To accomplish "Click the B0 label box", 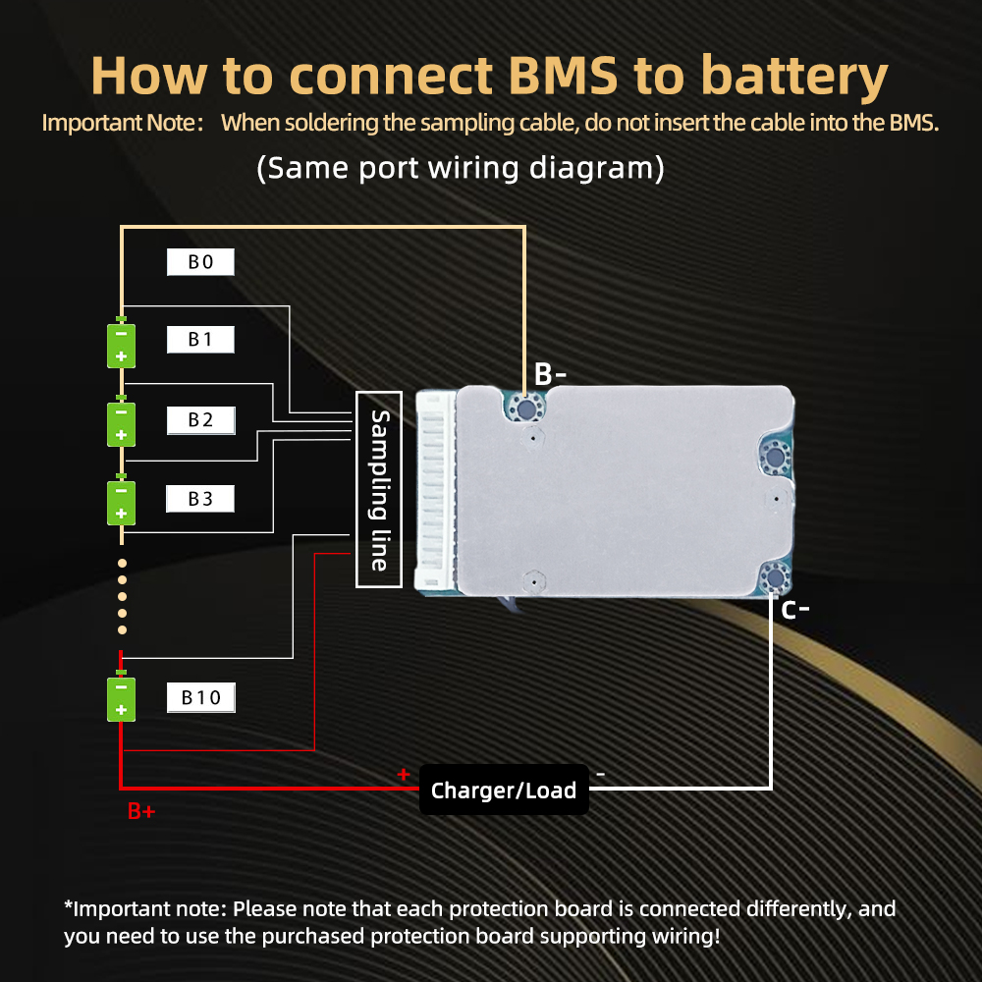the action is tap(200, 262).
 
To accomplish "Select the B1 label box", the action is tap(200, 340).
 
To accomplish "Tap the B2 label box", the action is tap(201, 420).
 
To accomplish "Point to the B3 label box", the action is tap(200, 499).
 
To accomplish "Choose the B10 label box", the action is tap(201, 697).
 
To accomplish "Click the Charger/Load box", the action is tap(504, 790).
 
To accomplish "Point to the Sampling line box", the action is tap(379, 490).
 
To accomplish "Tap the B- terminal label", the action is tap(550, 374).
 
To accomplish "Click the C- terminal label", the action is tap(795, 610).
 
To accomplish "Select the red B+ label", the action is tap(140, 811).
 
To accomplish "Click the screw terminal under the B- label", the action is tap(525, 409).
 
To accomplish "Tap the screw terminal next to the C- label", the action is tap(776, 576).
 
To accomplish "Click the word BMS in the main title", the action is tap(563, 76).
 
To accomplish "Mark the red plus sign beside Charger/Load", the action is tap(404, 775).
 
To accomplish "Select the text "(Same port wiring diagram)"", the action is tap(461, 168).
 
